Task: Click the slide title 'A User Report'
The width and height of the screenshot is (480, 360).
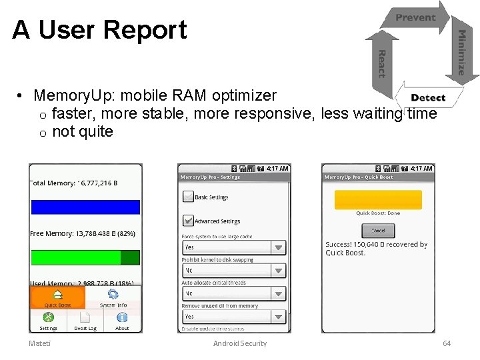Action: pos(100,30)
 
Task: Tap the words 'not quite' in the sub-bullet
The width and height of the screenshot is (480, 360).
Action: pos(83,132)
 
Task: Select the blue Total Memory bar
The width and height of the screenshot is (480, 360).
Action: pos(85,207)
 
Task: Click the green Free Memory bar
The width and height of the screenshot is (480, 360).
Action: pos(85,257)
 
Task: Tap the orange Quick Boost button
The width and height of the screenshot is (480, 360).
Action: pos(57,297)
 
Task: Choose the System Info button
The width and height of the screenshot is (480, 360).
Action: pos(113,297)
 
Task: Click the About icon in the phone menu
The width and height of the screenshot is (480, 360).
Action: pos(122,320)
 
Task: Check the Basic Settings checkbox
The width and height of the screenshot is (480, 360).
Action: pos(188,197)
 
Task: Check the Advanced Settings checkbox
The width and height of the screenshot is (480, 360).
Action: pos(188,220)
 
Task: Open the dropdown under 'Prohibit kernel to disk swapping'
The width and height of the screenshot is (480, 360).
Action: pos(234,271)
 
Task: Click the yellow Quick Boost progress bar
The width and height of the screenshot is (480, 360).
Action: pos(378,200)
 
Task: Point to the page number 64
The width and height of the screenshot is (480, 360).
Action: pos(447,343)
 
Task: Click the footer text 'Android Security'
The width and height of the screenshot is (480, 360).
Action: pos(240,343)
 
